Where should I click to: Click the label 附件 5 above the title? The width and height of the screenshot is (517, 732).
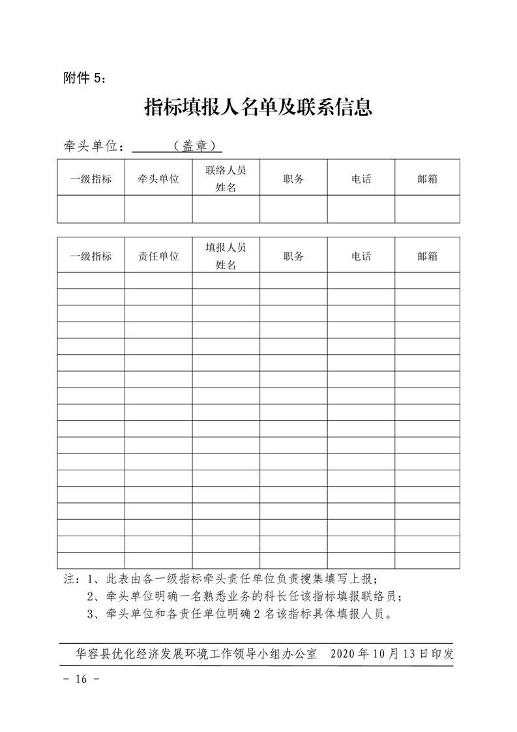pos(83,78)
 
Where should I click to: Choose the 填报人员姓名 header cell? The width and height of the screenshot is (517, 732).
pos(226,256)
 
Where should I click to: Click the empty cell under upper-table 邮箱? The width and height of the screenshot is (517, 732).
pos(427,209)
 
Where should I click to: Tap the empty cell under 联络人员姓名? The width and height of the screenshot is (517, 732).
pos(226,209)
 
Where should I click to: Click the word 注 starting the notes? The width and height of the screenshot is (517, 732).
pos(68,579)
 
